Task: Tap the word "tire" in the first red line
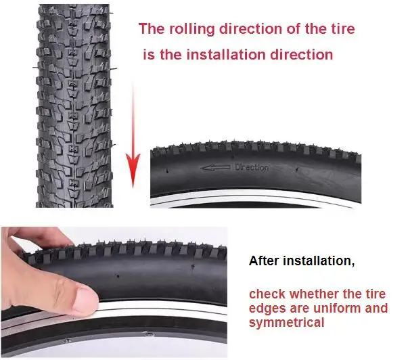[x=342, y=30]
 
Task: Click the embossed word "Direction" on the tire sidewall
[x=251, y=167]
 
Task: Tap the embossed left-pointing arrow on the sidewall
[x=215, y=166]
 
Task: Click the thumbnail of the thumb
[x=85, y=298]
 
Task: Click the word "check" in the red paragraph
[x=266, y=294]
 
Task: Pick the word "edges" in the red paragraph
[x=267, y=309]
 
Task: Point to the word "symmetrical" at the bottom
[x=287, y=323]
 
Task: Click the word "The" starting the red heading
[x=150, y=30]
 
